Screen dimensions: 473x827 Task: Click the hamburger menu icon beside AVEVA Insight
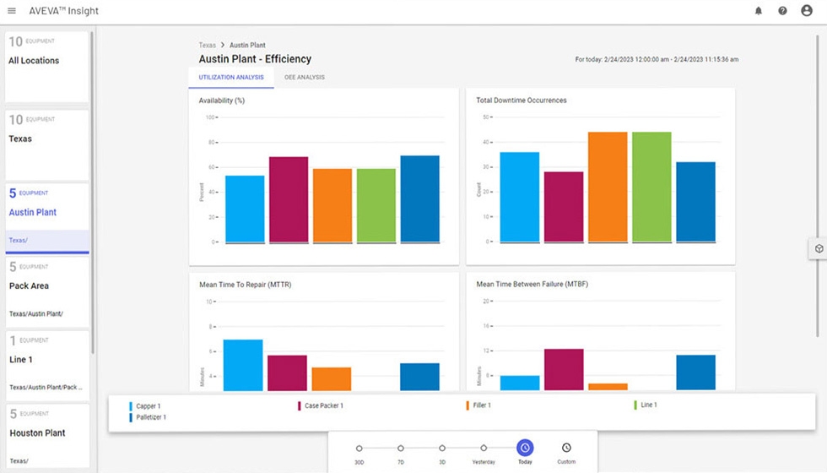coord(12,11)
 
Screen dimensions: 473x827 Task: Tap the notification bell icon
coord(758,11)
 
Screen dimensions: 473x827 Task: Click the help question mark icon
coord(782,11)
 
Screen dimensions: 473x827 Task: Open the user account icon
coord(807,11)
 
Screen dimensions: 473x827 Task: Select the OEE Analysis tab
coord(305,78)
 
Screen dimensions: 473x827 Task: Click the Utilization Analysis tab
coord(231,78)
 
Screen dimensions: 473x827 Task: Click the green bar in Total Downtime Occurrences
coord(651,187)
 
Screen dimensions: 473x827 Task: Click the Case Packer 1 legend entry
coord(323,406)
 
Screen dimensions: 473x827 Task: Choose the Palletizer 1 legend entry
coord(151,417)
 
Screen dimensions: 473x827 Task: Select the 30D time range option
coord(359,449)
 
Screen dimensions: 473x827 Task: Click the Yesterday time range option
coord(484,449)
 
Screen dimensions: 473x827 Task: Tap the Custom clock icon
coord(566,448)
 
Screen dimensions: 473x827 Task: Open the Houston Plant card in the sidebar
coord(47,435)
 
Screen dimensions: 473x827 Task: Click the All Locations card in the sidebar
coord(47,67)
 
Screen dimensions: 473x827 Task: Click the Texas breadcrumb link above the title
coord(207,45)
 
